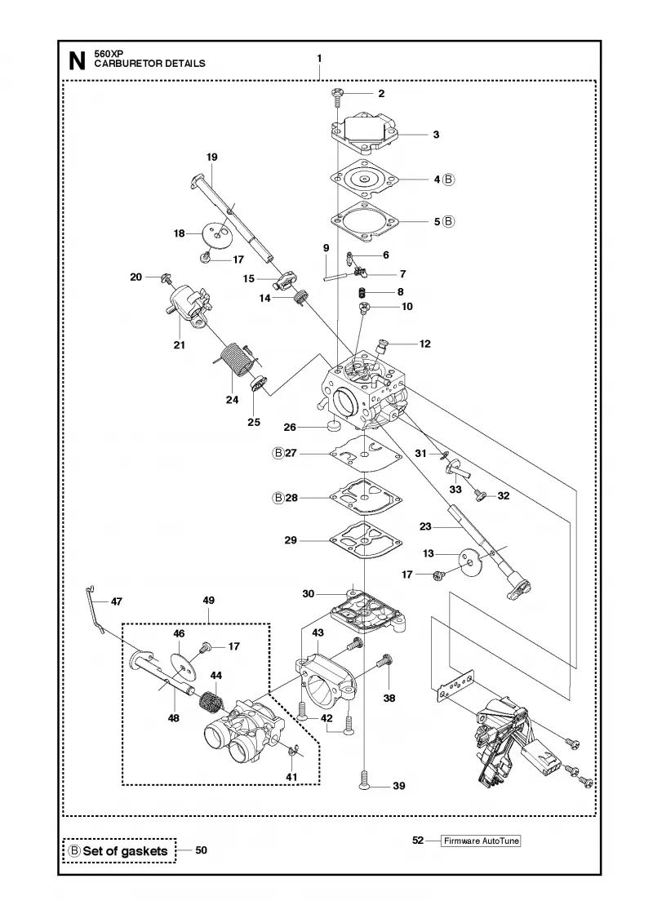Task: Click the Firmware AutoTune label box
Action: point(481,841)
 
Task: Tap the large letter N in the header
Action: point(77,61)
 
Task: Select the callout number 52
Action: point(417,841)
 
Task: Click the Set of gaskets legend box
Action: point(119,851)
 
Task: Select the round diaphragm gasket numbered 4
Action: point(364,179)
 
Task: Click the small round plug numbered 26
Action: point(334,428)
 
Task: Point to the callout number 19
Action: point(211,157)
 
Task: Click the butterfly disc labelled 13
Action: point(471,562)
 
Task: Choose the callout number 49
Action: point(209,600)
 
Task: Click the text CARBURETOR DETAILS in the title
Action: point(150,64)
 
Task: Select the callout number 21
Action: point(179,344)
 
